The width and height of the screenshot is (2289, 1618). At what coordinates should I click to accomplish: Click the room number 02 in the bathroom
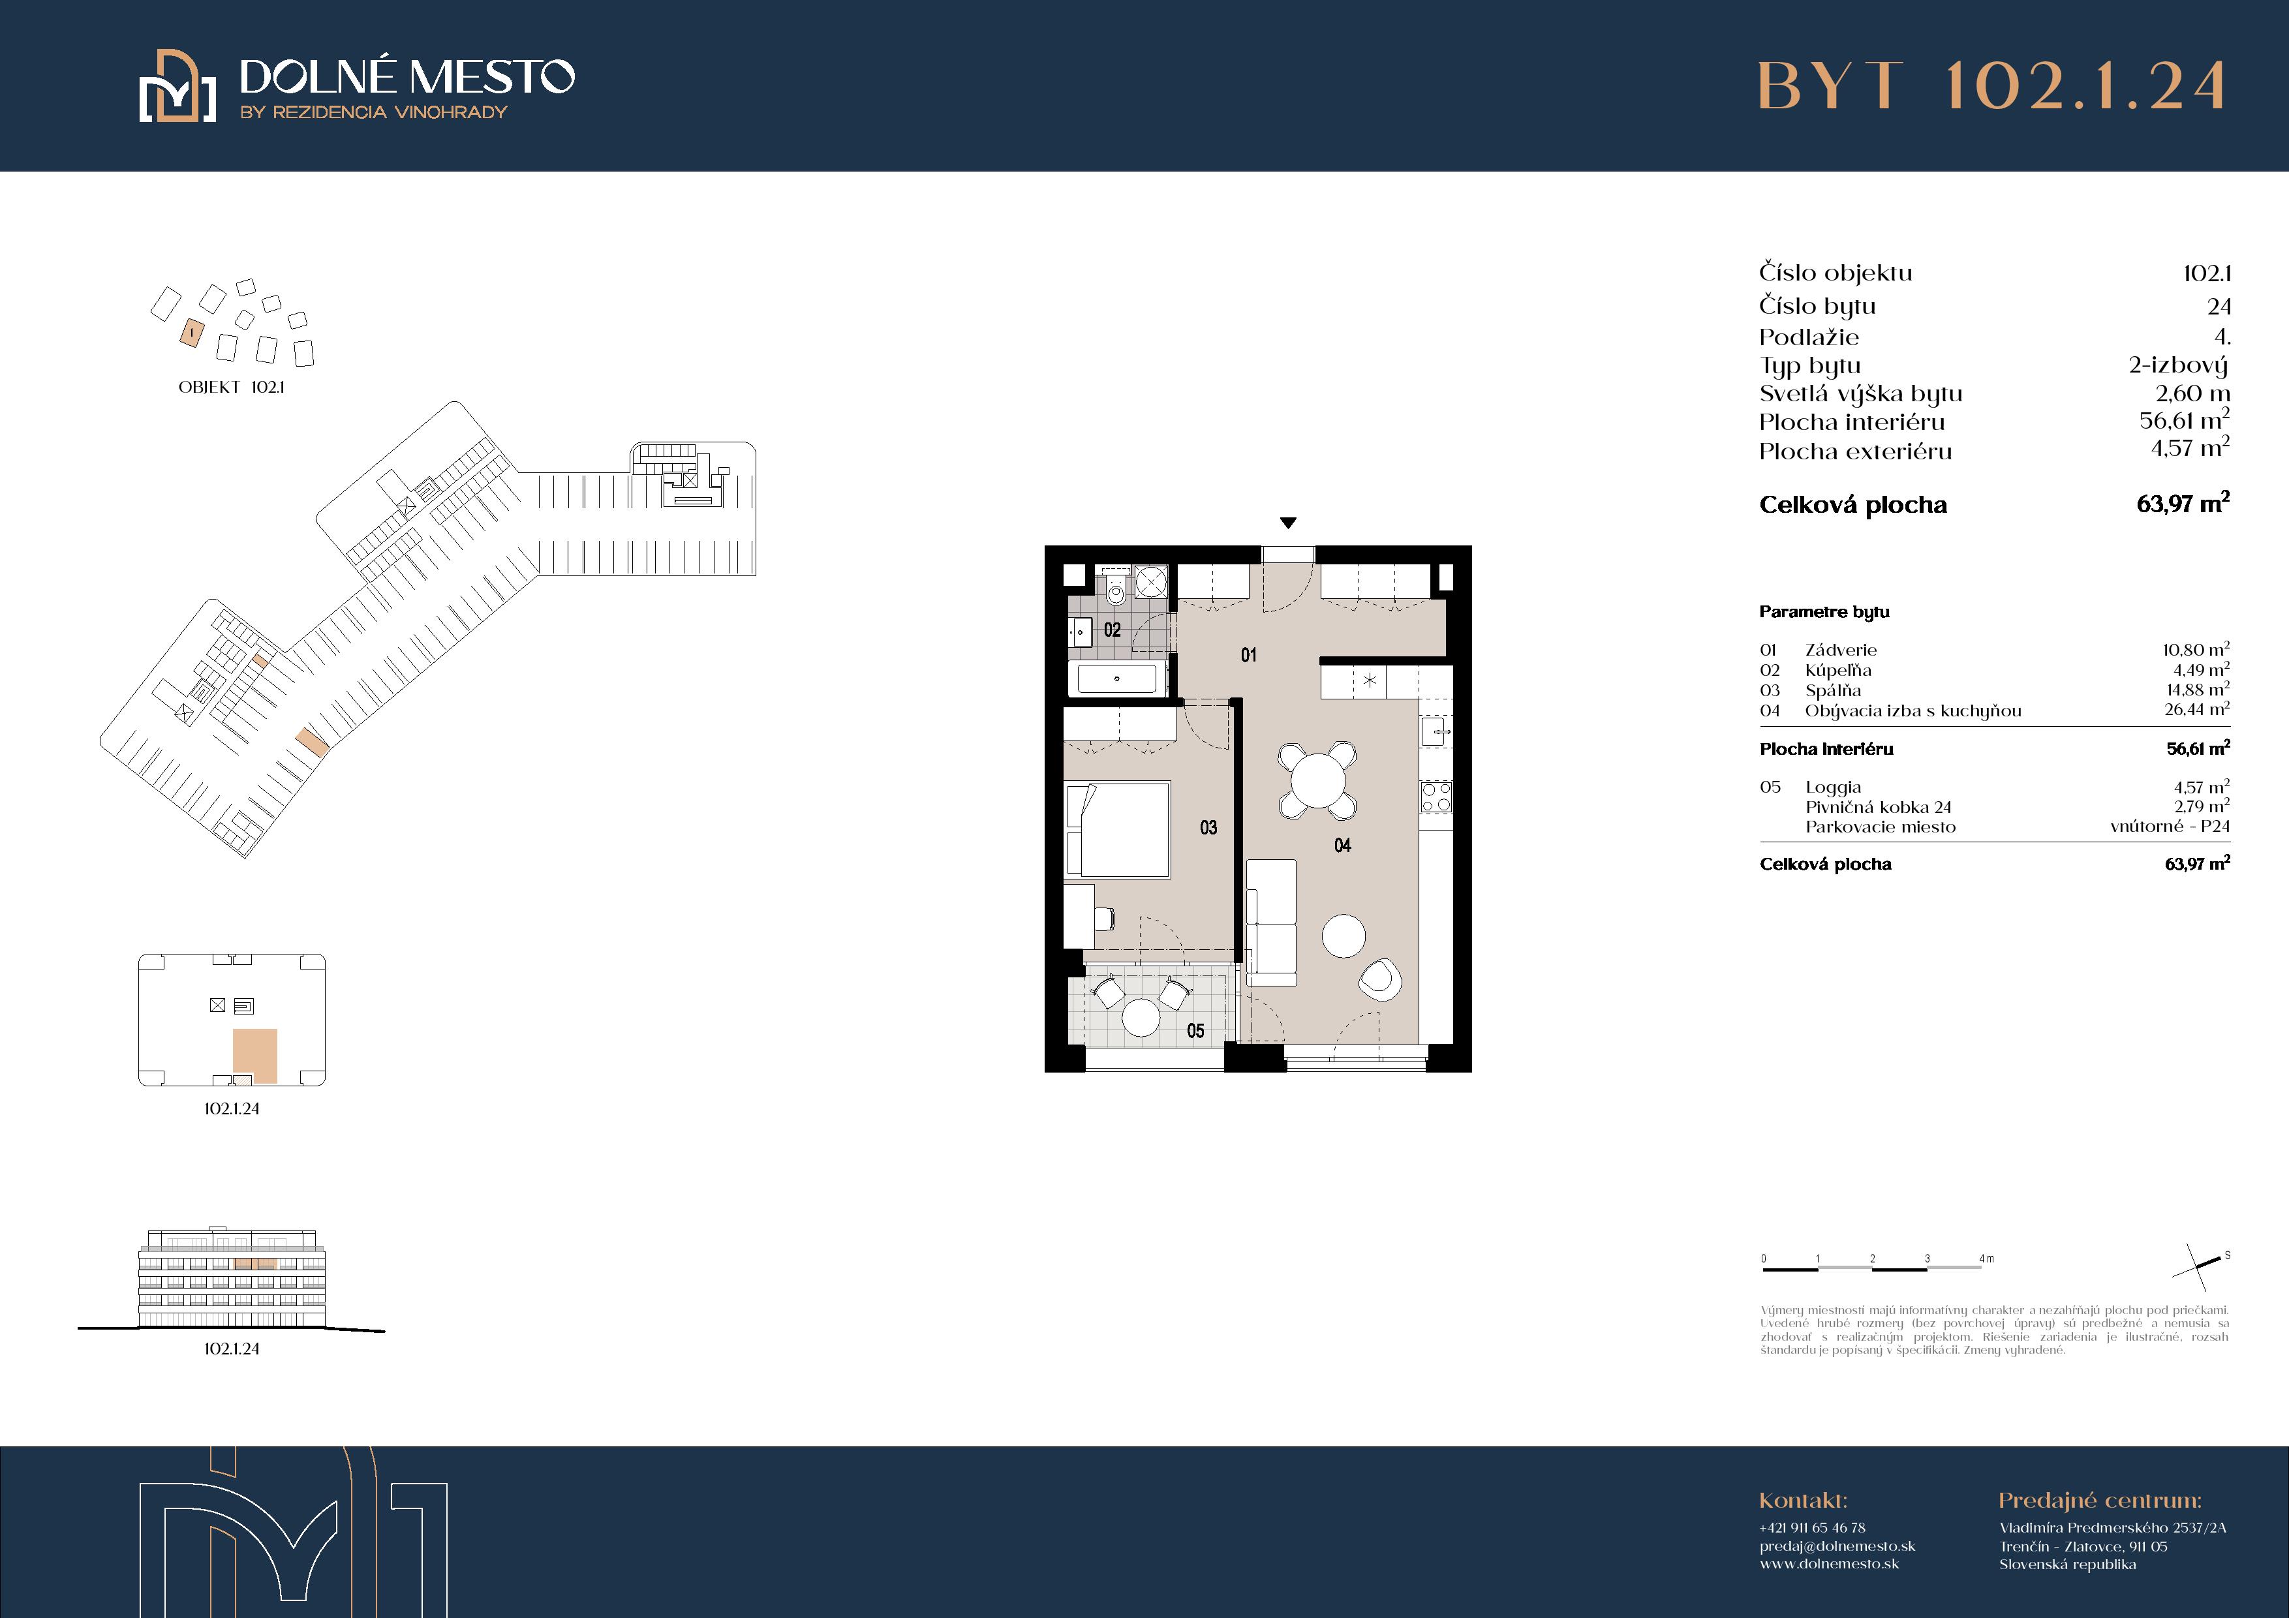pos(1112,630)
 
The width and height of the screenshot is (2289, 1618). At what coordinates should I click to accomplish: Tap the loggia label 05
pos(1195,1031)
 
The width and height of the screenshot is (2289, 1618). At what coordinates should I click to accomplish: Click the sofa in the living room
pos(1271,922)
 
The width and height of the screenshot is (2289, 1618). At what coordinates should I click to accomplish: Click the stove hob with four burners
pos(1437,797)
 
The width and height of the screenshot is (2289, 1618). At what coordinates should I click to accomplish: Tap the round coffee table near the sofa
pos(1343,936)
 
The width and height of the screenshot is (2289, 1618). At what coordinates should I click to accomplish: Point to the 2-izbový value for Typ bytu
pos(2178,366)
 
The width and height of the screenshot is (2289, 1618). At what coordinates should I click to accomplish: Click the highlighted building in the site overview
pos(191,333)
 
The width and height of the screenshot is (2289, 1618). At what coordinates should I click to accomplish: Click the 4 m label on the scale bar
pos(1986,1258)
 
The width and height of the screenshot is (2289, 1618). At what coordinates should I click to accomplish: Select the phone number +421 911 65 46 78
pos(1813,1527)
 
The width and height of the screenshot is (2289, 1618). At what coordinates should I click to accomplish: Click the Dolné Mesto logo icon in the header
pos(177,85)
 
